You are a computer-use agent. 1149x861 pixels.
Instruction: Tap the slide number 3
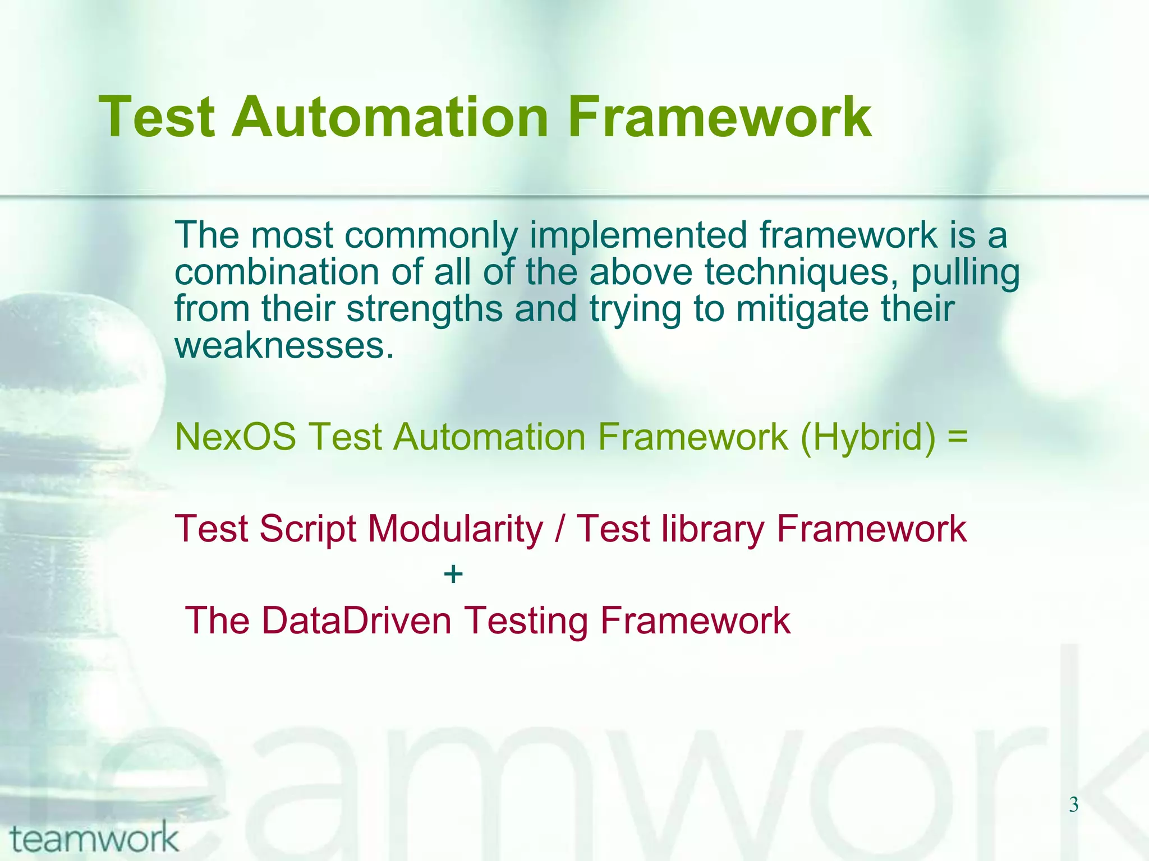[x=1073, y=805]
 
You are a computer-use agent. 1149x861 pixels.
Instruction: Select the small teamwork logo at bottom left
[x=94, y=839]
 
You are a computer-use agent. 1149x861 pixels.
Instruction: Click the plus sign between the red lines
[x=453, y=575]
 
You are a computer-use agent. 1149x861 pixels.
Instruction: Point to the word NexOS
[x=235, y=437]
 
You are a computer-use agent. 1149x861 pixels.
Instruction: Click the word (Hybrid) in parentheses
[x=868, y=437]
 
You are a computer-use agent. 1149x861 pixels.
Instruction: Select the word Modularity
[x=455, y=529]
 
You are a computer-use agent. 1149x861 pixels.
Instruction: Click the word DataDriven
[x=356, y=621]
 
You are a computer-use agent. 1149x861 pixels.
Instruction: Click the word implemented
[x=638, y=236]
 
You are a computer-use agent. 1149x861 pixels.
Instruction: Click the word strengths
[x=425, y=309]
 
